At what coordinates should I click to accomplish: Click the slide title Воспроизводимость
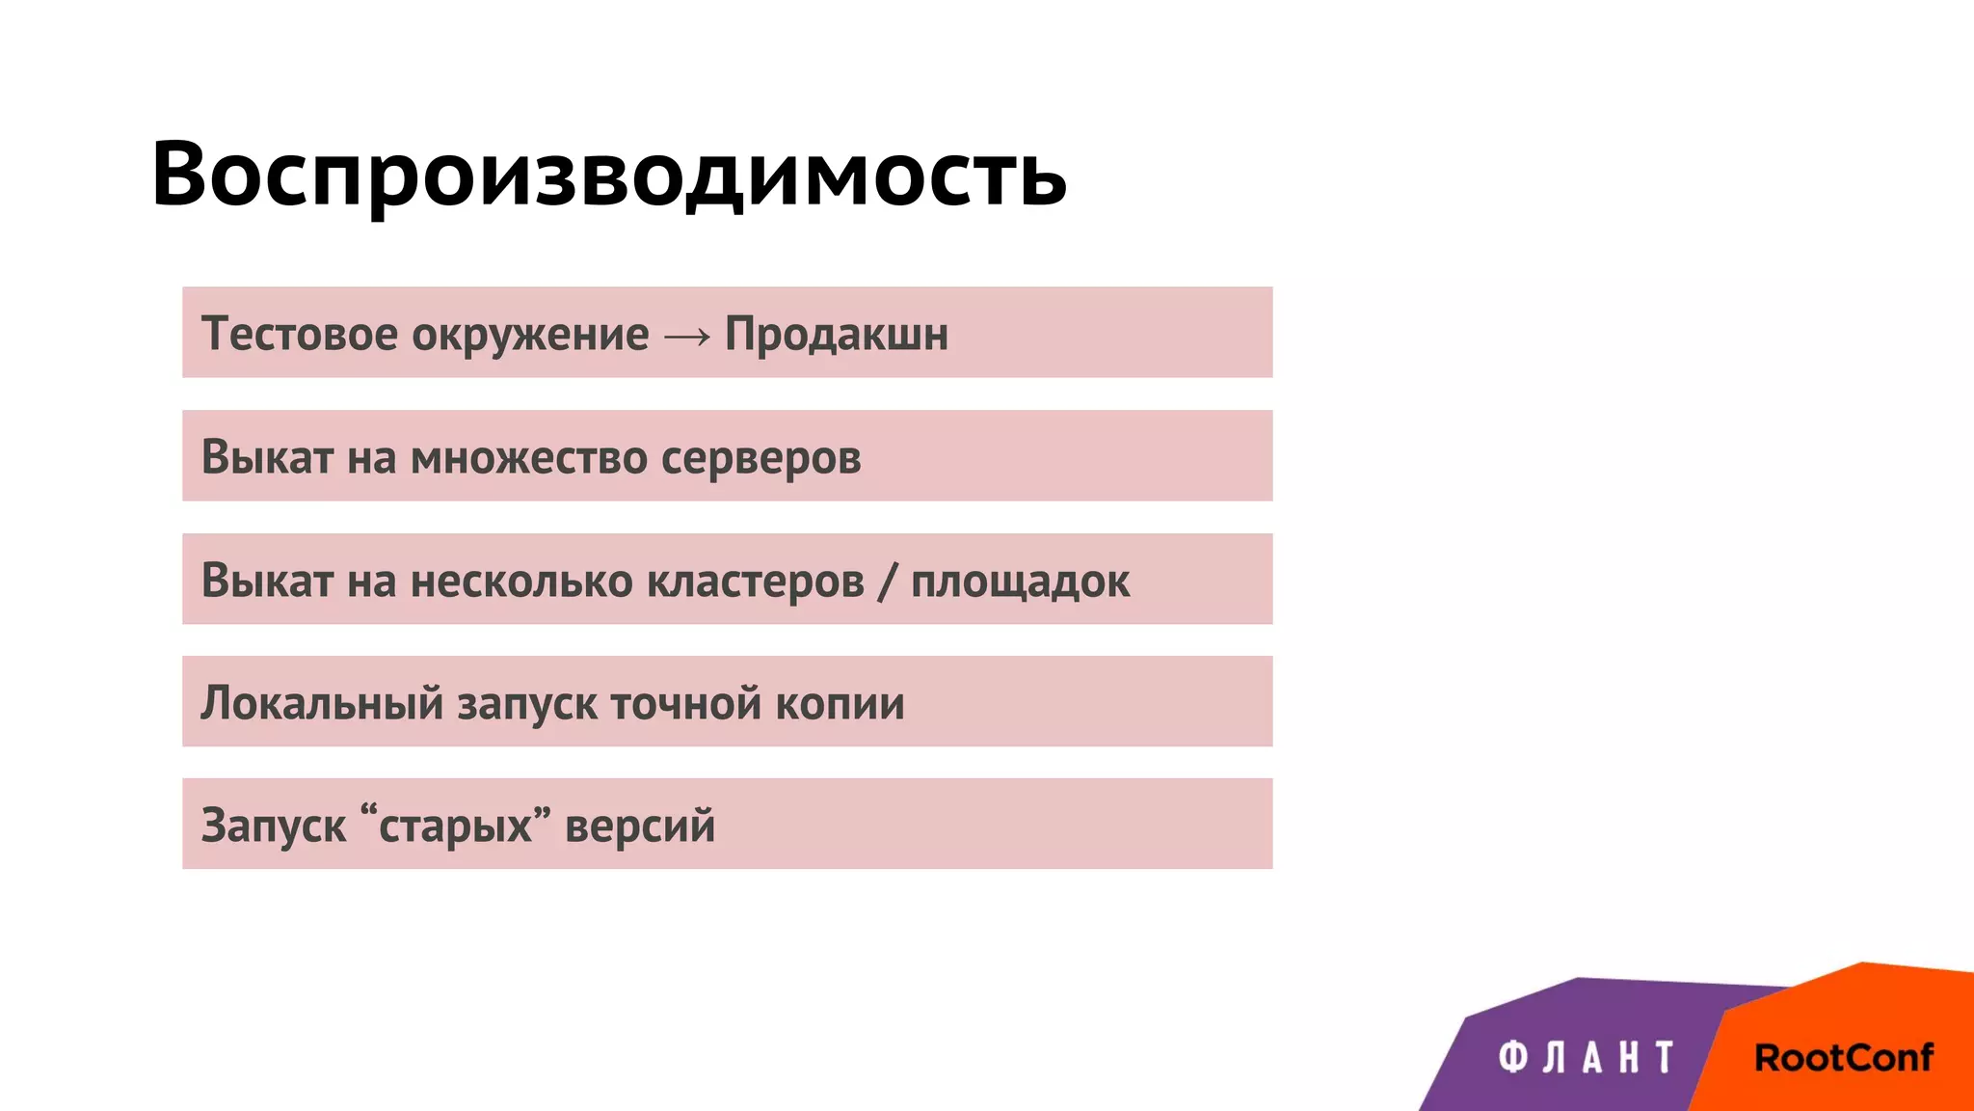pos(608,175)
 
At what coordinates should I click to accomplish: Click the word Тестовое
pos(299,334)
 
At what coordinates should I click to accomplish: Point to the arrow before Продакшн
pos(687,336)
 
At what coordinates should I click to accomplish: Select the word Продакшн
pos(836,335)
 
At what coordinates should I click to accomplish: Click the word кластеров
pos(755,581)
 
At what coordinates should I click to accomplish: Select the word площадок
pos(1020,582)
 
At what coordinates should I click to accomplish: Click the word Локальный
pos(321,703)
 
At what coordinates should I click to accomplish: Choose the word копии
pos(840,704)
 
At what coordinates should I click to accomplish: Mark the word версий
pos(640,826)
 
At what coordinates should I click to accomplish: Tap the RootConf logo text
pos(1843,1058)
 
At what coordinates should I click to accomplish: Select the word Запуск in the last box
pos(273,826)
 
